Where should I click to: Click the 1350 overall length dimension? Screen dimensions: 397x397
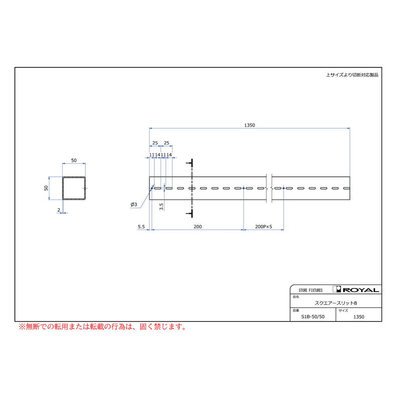[249, 125]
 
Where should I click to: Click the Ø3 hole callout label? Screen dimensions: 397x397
[134, 204]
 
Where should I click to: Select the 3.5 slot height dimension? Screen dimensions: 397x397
[161, 206]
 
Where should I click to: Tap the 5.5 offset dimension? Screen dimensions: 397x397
[141, 227]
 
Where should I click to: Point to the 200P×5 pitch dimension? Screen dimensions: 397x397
[263, 227]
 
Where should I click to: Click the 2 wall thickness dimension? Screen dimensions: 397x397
[59, 210]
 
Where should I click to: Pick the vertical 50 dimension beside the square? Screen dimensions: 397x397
[46, 188]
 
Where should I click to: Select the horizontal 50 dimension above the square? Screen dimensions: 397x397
[74, 160]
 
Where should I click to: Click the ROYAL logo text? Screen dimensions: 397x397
[361, 290]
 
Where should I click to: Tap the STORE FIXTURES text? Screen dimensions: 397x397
[311, 290]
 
